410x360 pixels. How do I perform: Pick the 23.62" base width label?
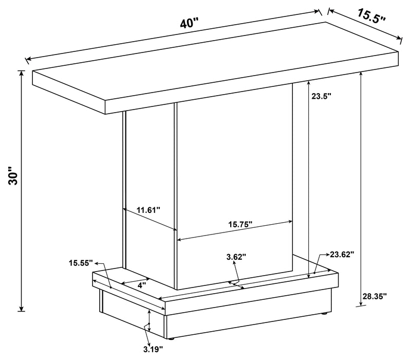(342, 254)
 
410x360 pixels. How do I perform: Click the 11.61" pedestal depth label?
(148, 210)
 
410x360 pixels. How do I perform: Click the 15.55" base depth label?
(81, 263)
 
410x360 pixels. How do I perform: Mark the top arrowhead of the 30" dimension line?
(22, 73)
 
